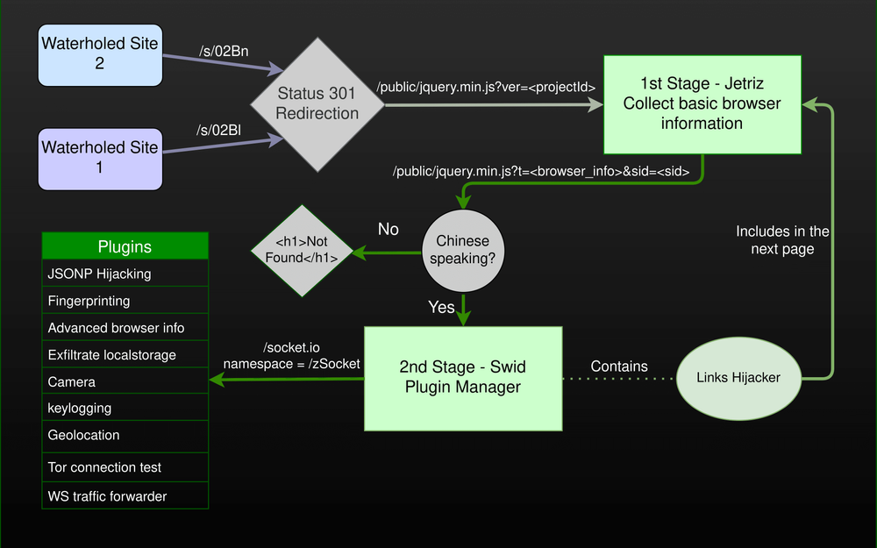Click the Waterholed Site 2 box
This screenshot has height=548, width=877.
point(101,53)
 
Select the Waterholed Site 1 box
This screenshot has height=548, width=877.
point(101,157)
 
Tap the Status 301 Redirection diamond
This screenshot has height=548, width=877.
point(317,103)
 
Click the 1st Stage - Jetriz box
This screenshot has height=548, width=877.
point(702,103)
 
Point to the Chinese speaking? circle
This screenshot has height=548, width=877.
point(462,251)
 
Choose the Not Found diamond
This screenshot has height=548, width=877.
point(302,251)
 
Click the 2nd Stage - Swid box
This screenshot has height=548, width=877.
point(462,377)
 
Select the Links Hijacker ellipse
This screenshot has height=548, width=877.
point(738,378)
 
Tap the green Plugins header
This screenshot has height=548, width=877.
point(125,246)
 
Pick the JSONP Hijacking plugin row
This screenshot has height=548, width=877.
point(125,274)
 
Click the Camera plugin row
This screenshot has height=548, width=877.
point(125,382)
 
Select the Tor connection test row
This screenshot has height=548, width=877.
point(125,467)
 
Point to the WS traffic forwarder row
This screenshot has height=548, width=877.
point(125,496)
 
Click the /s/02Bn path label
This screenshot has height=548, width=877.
point(224,51)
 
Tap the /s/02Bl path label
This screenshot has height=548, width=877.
point(218,130)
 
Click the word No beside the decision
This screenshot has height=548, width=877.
point(389,230)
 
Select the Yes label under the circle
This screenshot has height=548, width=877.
point(441,307)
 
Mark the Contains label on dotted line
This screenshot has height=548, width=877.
point(619,367)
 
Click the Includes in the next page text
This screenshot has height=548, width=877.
point(782,240)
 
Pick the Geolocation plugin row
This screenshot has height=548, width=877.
point(125,436)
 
